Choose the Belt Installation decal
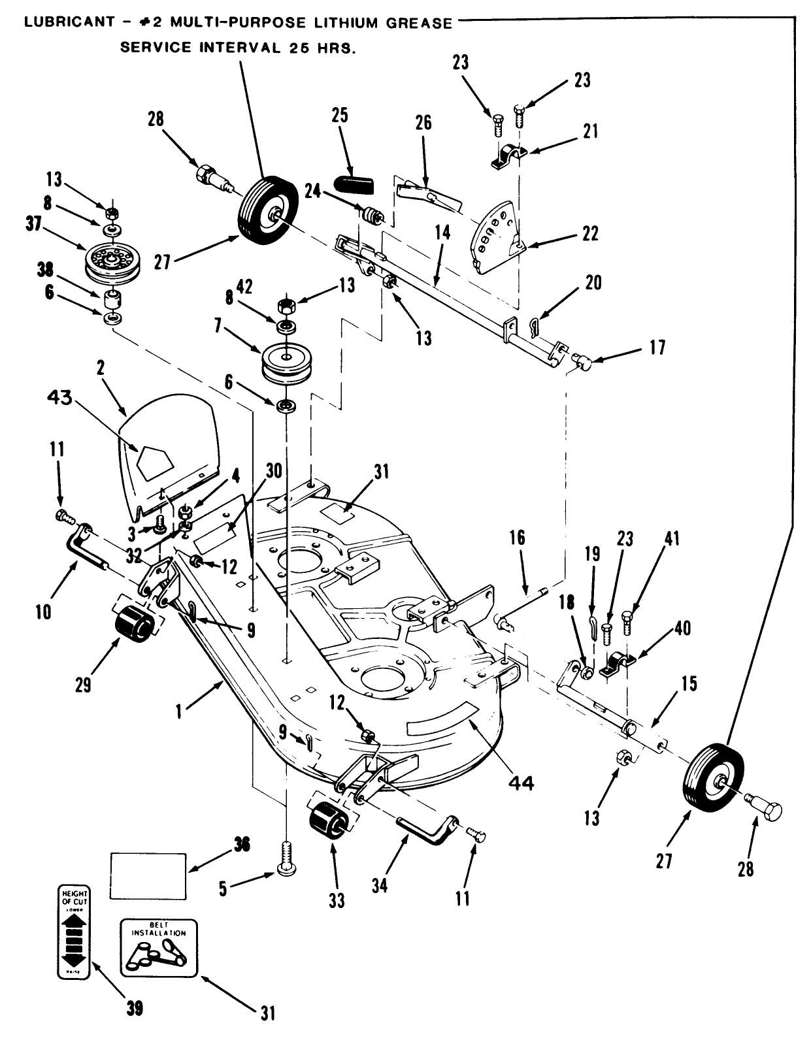158,947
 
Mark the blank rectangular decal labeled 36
148,873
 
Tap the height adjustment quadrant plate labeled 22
495,237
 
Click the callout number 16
516,539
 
